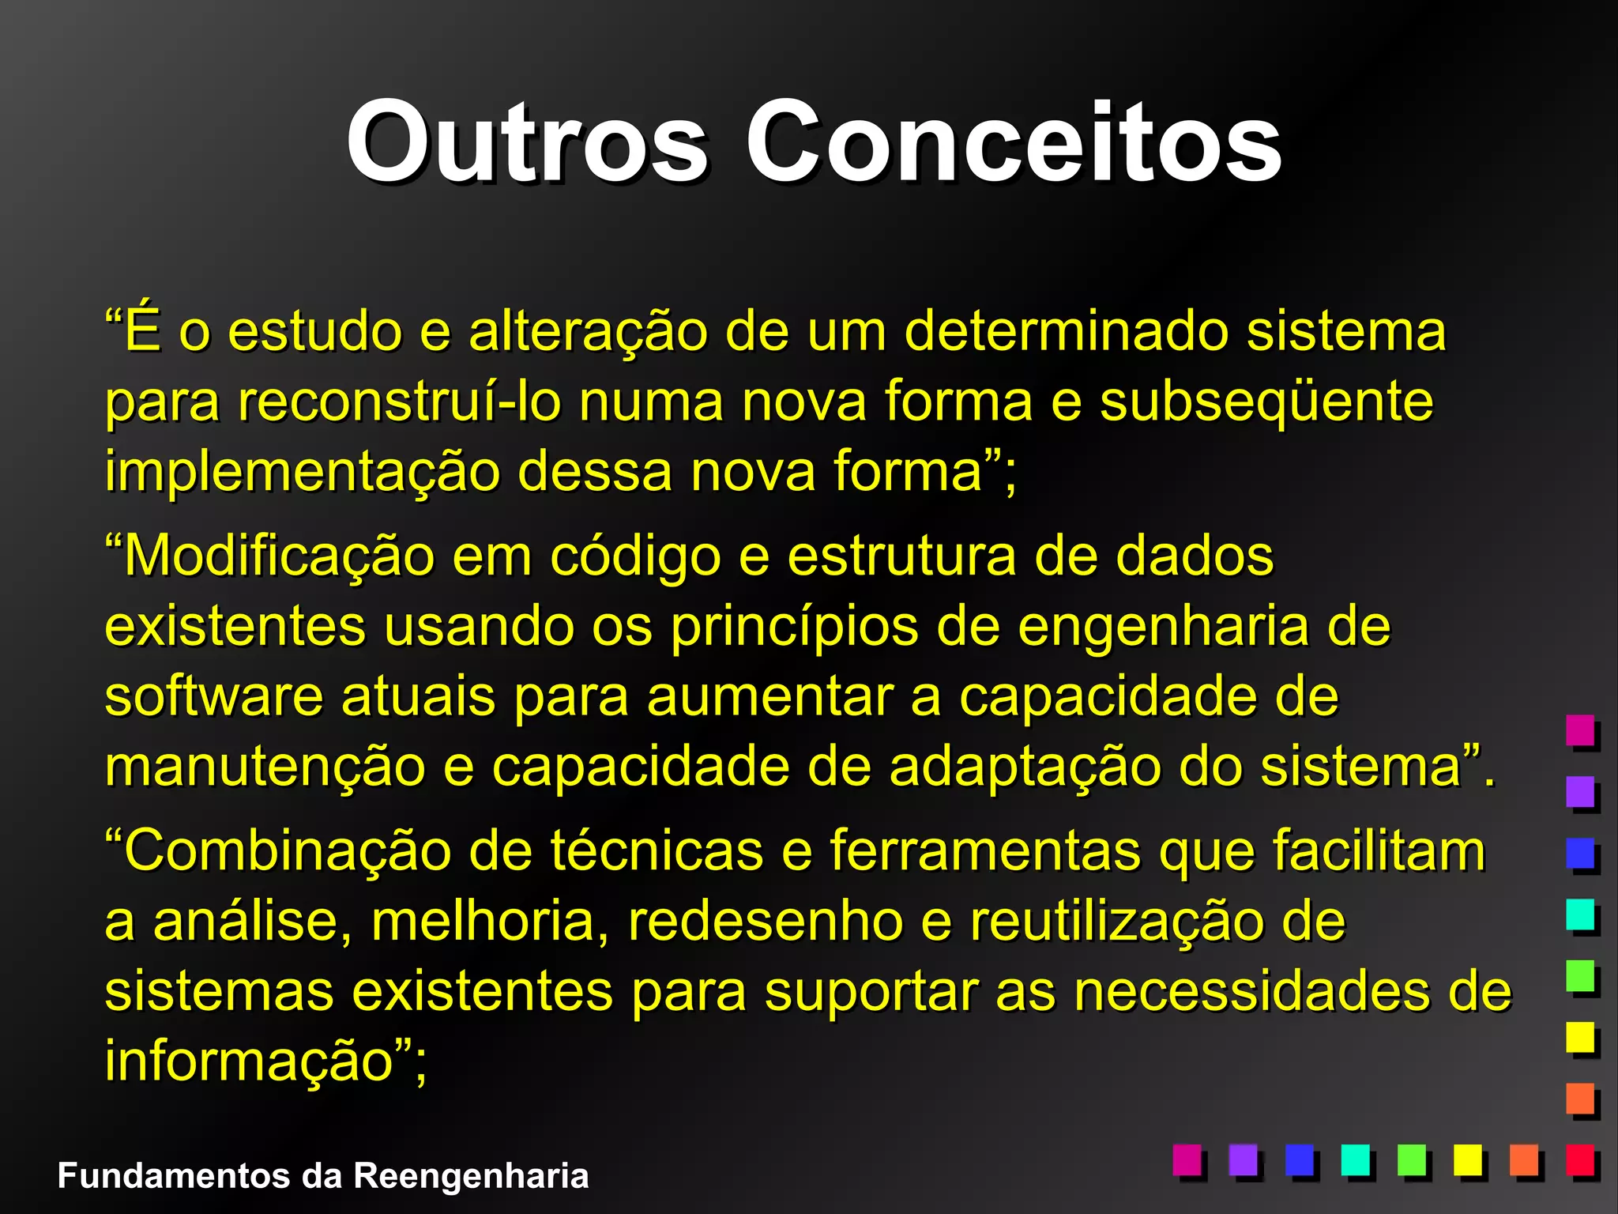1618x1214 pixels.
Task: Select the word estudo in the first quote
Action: pyautogui.click(x=315, y=331)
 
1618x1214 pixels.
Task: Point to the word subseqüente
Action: pyautogui.click(x=1266, y=402)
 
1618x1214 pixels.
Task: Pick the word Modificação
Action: pyautogui.click(x=279, y=556)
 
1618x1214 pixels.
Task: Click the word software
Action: pyautogui.click(x=213, y=696)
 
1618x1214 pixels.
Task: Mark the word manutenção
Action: pyautogui.click(x=265, y=767)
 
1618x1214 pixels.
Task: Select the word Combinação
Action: pyautogui.click(x=287, y=851)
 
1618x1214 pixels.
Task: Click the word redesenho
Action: pyautogui.click(x=766, y=922)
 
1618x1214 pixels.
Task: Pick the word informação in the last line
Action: pyautogui.click(x=249, y=1061)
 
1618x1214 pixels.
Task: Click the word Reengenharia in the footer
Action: pyautogui.click(x=471, y=1176)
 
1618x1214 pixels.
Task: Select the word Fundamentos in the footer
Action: pyautogui.click(x=174, y=1176)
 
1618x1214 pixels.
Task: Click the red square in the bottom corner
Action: pyautogui.click(x=1580, y=1160)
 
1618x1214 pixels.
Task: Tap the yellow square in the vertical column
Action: pyautogui.click(x=1580, y=1037)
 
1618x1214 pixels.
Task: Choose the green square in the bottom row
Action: pyautogui.click(x=1411, y=1160)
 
